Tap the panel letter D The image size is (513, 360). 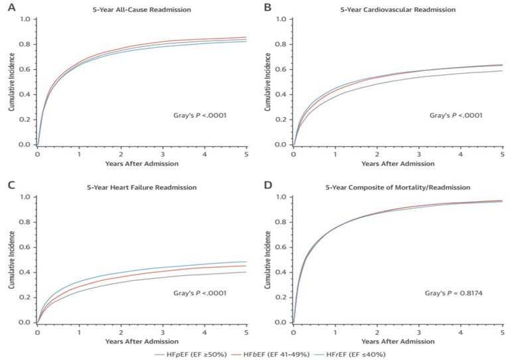(267, 187)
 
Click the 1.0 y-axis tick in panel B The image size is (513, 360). (281, 19)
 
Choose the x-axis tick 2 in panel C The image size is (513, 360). (121, 331)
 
